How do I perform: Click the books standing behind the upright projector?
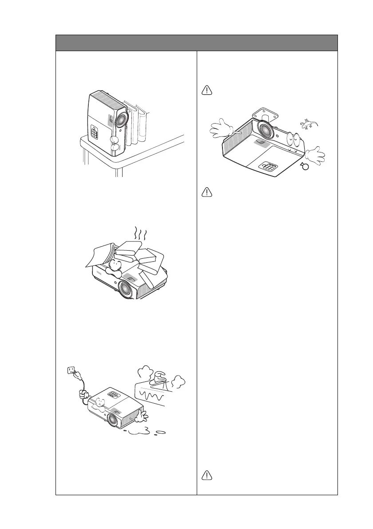tap(136, 124)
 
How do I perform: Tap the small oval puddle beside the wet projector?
tap(161, 432)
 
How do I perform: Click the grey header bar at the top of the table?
tap(196, 43)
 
